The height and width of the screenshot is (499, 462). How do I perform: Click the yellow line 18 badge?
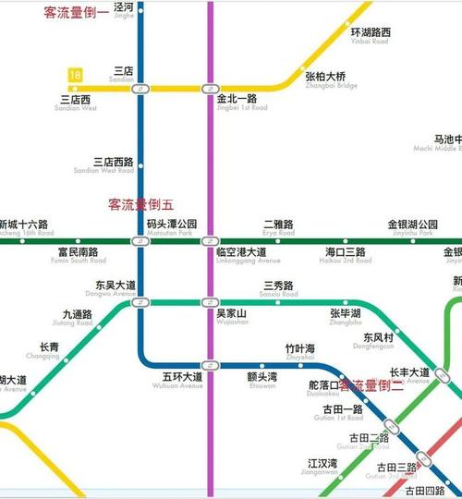tap(75, 74)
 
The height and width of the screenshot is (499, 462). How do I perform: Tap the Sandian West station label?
tap(76, 103)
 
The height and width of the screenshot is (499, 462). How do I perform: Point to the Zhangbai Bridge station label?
tap(325, 80)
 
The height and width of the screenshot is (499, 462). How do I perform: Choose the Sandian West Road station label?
tap(114, 164)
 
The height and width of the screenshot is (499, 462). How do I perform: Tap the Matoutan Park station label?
tap(172, 228)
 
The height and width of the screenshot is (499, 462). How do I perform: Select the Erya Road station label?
tap(278, 228)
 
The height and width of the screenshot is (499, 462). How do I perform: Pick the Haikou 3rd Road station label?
tap(346, 256)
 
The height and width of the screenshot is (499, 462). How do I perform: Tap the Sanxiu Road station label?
tap(278, 289)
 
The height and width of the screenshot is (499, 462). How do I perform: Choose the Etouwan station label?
tap(261, 380)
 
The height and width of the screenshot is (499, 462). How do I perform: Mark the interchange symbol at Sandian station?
tap(140, 89)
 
